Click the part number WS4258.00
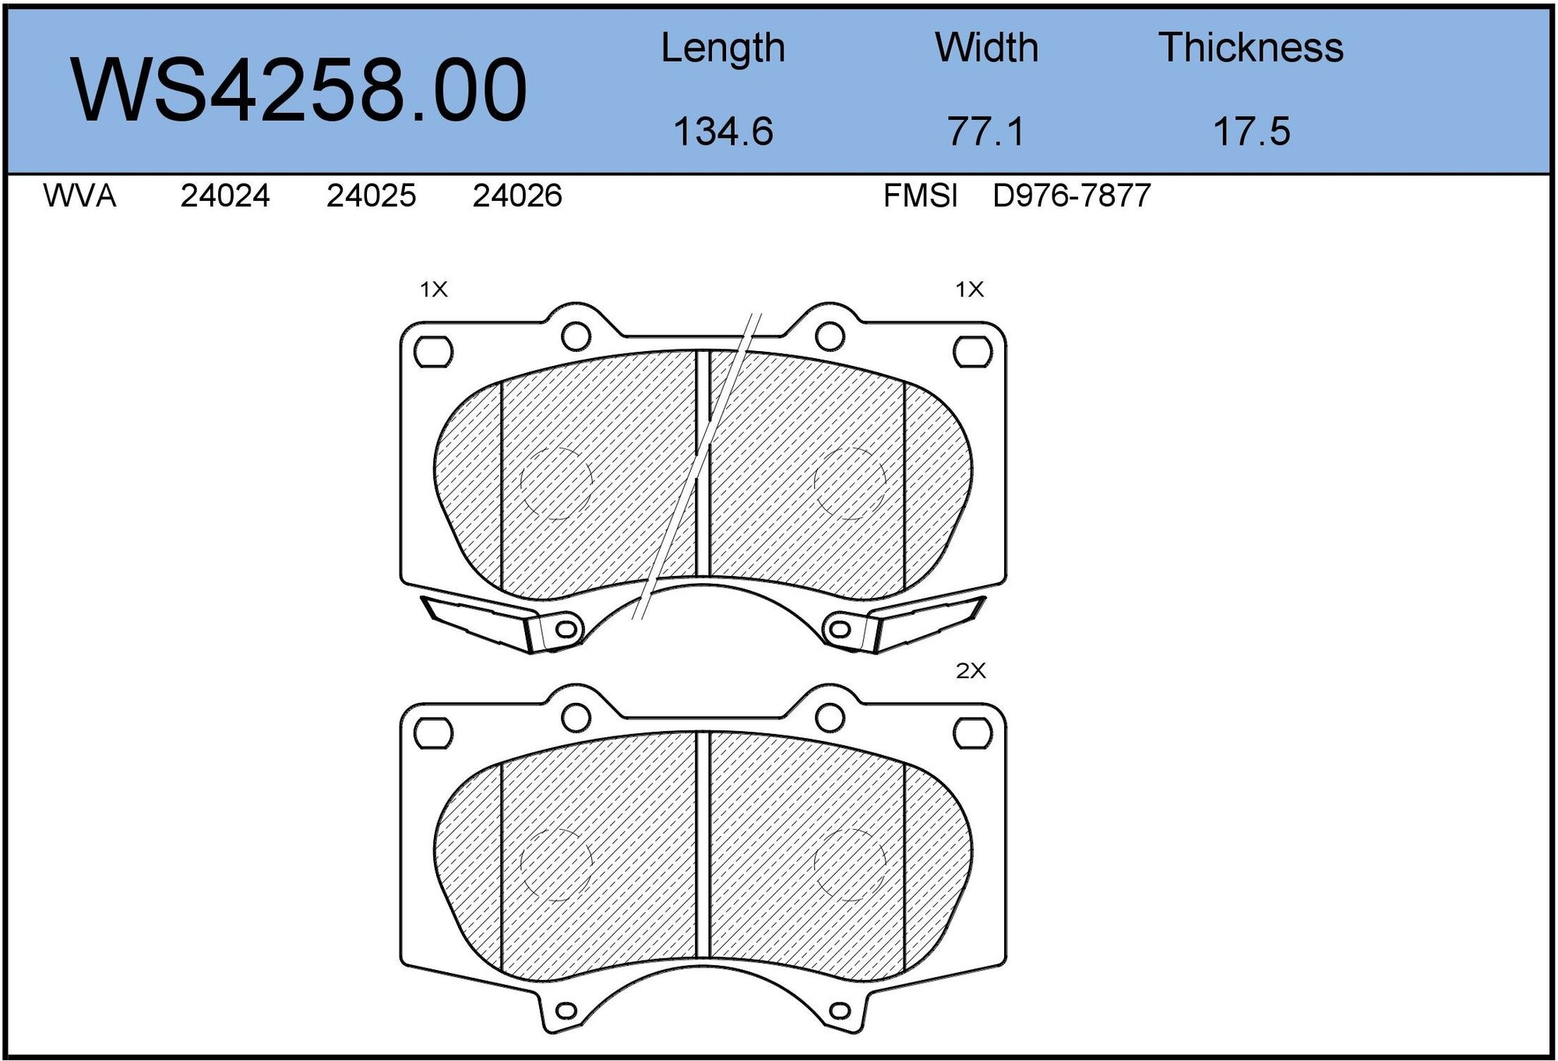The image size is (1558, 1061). click(299, 90)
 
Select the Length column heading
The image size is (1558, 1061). click(722, 48)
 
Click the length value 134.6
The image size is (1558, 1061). click(722, 131)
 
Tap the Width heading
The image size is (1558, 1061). click(986, 48)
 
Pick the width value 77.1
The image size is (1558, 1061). click(985, 131)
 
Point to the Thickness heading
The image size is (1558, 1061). click(1250, 48)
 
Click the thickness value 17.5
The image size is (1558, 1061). click(1251, 131)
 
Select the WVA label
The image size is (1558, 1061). click(79, 195)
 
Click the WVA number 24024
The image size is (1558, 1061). click(225, 195)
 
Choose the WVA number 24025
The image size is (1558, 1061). click(371, 195)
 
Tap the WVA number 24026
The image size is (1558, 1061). click(516, 195)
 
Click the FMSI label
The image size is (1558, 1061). click(920, 195)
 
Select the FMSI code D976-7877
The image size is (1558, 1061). click(1071, 195)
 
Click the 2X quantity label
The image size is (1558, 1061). click(971, 671)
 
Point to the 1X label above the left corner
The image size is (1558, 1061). click(434, 290)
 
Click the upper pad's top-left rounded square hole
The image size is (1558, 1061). click(433, 352)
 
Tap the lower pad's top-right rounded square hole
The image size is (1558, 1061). click(973, 733)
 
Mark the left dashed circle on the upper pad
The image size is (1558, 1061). click(556, 483)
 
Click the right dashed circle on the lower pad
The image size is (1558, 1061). click(850, 864)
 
